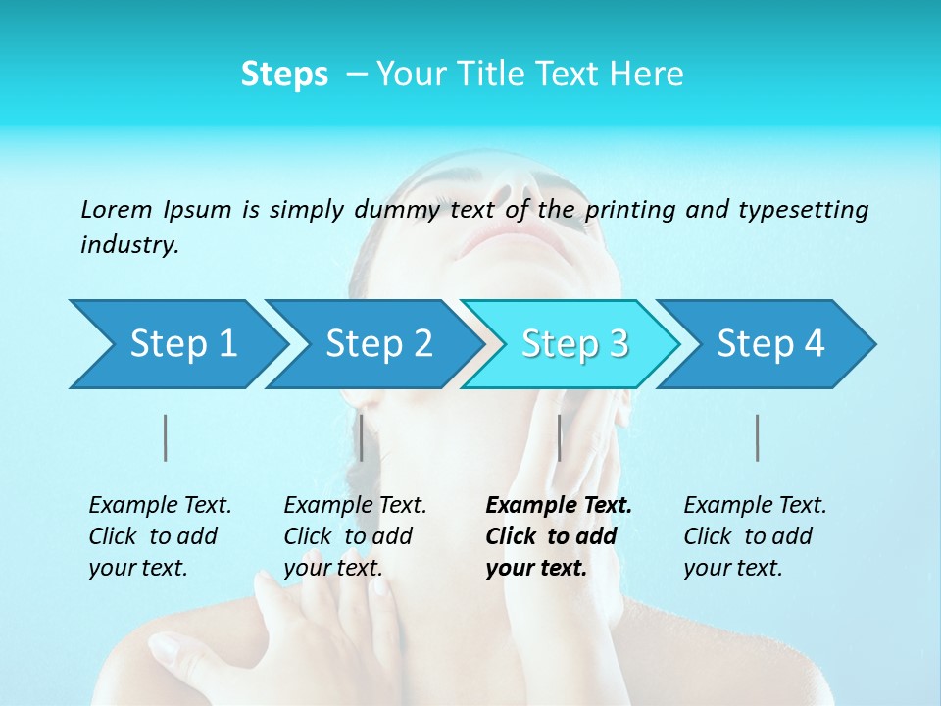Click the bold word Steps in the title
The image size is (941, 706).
(284, 75)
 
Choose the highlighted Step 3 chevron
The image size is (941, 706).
(574, 344)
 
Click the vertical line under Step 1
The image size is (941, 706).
(166, 437)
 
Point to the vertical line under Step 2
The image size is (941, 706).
(362, 437)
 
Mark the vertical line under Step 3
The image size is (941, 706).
(559, 437)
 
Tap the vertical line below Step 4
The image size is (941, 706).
(757, 437)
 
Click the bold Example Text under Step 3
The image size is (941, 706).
(559, 506)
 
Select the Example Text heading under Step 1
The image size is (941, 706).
(160, 506)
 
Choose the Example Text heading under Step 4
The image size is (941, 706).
(755, 506)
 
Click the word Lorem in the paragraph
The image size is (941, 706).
(117, 210)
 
